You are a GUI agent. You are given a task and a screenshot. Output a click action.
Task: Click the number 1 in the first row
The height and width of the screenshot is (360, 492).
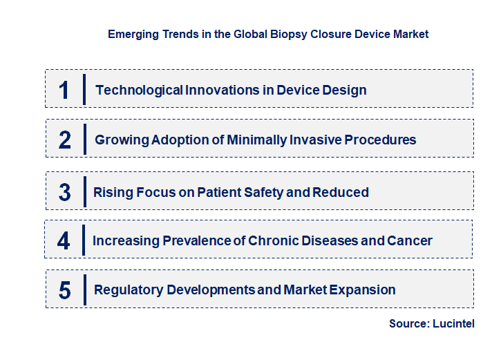tap(64, 90)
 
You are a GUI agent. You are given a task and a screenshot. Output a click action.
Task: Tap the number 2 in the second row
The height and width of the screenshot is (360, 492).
tap(65, 140)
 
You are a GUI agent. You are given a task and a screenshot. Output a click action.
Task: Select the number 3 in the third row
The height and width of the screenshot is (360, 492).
tap(64, 192)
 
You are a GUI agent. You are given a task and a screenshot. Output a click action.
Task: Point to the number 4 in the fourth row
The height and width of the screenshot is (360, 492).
tap(64, 240)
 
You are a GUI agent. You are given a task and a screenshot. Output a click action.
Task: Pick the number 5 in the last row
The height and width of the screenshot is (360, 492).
tap(65, 290)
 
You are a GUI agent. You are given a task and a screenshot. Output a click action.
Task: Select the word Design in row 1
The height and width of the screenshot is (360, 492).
tap(343, 90)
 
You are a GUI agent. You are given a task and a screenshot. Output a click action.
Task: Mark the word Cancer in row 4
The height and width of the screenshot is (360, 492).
tap(410, 240)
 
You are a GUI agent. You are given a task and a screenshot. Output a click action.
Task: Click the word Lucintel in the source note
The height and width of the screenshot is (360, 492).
tap(455, 323)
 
